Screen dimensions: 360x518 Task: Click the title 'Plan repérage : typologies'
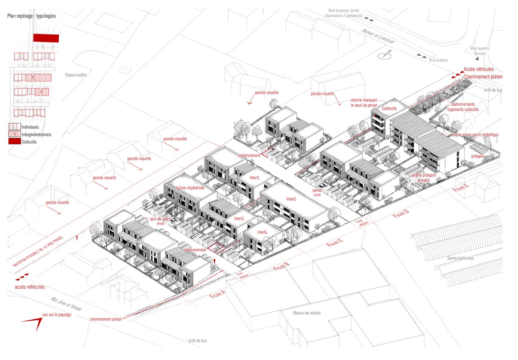(32, 16)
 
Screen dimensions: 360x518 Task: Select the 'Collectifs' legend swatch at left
(14, 141)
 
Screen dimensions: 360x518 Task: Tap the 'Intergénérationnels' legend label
(36, 135)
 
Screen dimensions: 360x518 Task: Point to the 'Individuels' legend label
(30, 127)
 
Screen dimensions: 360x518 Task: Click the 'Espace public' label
(76, 75)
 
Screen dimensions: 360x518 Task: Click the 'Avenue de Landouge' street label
(378, 36)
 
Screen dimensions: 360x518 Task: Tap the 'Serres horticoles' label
(460, 258)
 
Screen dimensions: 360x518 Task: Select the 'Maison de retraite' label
(307, 313)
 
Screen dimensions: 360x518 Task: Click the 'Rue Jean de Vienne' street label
(67, 304)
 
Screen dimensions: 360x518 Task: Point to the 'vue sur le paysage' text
(57, 315)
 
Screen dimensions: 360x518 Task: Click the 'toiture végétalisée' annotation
(190, 188)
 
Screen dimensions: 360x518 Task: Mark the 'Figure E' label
(461, 188)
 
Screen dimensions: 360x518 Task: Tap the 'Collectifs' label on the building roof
(389, 108)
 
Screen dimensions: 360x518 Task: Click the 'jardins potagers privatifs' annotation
(424, 178)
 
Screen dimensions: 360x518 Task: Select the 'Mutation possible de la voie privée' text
(38, 252)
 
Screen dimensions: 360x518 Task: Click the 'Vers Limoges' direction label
(438, 60)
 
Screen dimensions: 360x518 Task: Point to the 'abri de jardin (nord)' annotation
(161, 221)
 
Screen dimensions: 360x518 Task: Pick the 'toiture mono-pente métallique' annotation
(475, 135)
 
